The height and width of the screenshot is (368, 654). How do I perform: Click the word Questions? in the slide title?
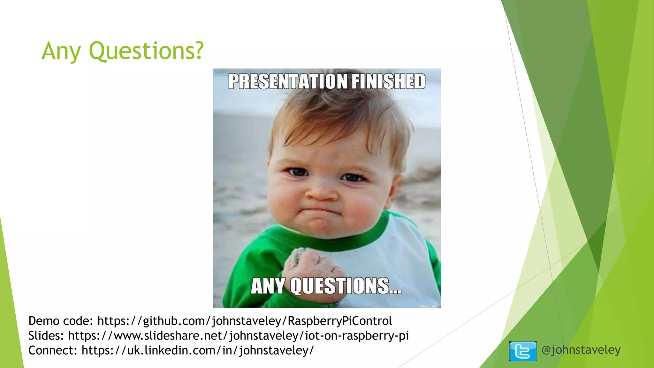(146, 51)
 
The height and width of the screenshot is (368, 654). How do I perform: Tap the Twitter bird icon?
(523, 351)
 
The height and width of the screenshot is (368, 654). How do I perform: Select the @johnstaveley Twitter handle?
(581, 350)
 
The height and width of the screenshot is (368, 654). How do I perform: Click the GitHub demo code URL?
(245, 321)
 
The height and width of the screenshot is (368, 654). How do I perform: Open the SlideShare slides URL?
(238, 336)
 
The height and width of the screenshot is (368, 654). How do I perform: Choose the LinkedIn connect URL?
(198, 350)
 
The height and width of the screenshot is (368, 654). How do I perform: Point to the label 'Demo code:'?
(60, 321)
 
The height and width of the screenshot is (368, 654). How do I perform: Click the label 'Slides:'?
(46, 336)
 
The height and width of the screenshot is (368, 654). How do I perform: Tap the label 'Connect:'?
(53, 350)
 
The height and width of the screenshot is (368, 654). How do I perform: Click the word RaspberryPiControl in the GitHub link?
(340, 321)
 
